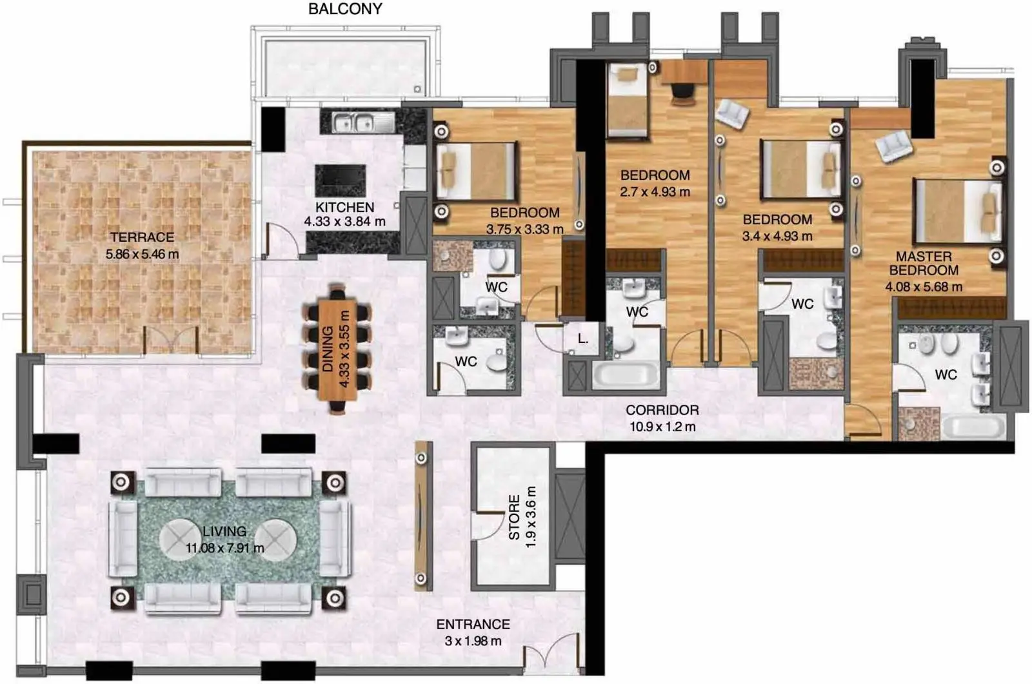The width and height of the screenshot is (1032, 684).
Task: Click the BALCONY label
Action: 345,9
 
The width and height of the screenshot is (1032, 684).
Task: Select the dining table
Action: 337,349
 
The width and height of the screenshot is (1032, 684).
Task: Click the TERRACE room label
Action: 142,237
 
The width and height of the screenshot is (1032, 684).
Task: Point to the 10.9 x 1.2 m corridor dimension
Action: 662,427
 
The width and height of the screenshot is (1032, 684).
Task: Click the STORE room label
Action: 514,517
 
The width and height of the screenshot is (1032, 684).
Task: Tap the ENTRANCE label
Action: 473,625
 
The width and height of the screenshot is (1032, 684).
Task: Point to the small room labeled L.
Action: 582,340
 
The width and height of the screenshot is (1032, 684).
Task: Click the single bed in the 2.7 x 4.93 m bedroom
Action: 627,101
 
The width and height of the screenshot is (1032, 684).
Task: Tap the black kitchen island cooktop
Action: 341,180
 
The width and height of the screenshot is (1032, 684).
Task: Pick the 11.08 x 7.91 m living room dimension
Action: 225,548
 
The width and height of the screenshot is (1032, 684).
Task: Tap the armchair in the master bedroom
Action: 893,146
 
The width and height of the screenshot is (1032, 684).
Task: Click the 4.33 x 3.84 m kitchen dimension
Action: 344,222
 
